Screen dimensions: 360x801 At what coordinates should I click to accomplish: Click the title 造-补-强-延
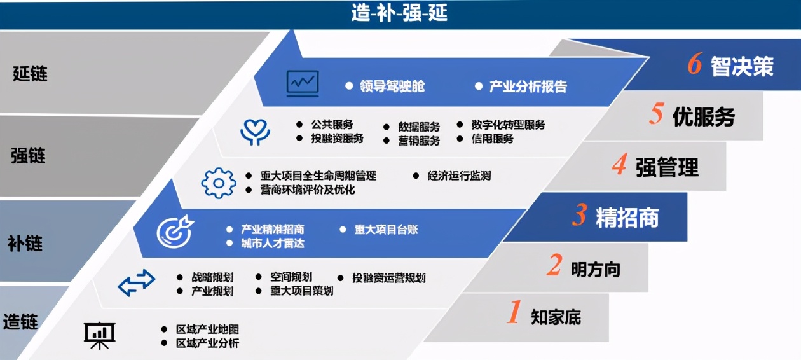coord(399,13)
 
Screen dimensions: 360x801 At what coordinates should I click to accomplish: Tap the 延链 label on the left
coord(30,74)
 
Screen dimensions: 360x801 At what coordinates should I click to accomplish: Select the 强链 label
coord(28,155)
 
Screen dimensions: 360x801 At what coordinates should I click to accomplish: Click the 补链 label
coord(25,243)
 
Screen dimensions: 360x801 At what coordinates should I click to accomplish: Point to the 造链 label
coord(20,322)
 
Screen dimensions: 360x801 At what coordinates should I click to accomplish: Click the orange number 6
coord(694,65)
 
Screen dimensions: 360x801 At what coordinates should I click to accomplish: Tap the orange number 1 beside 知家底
coord(513,314)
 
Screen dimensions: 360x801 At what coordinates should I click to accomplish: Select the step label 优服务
coord(703,117)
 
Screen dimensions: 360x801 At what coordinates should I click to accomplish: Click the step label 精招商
coord(627,218)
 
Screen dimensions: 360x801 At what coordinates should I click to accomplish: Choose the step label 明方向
coord(595,269)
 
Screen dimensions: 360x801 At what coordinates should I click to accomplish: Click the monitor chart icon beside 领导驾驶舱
coord(303,83)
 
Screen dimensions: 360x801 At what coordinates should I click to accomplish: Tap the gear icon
coord(218,183)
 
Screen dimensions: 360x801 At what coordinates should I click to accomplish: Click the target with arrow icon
coord(175,232)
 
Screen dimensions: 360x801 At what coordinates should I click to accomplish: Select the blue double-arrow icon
coord(137,283)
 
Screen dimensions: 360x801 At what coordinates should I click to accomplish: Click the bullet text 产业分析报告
coord(528,87)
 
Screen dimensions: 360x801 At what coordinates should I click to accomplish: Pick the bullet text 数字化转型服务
coord(508,125)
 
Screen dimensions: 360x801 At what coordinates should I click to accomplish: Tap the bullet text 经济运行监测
coord(459,176)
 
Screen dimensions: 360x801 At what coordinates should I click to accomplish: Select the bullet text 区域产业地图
coord(208,329)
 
